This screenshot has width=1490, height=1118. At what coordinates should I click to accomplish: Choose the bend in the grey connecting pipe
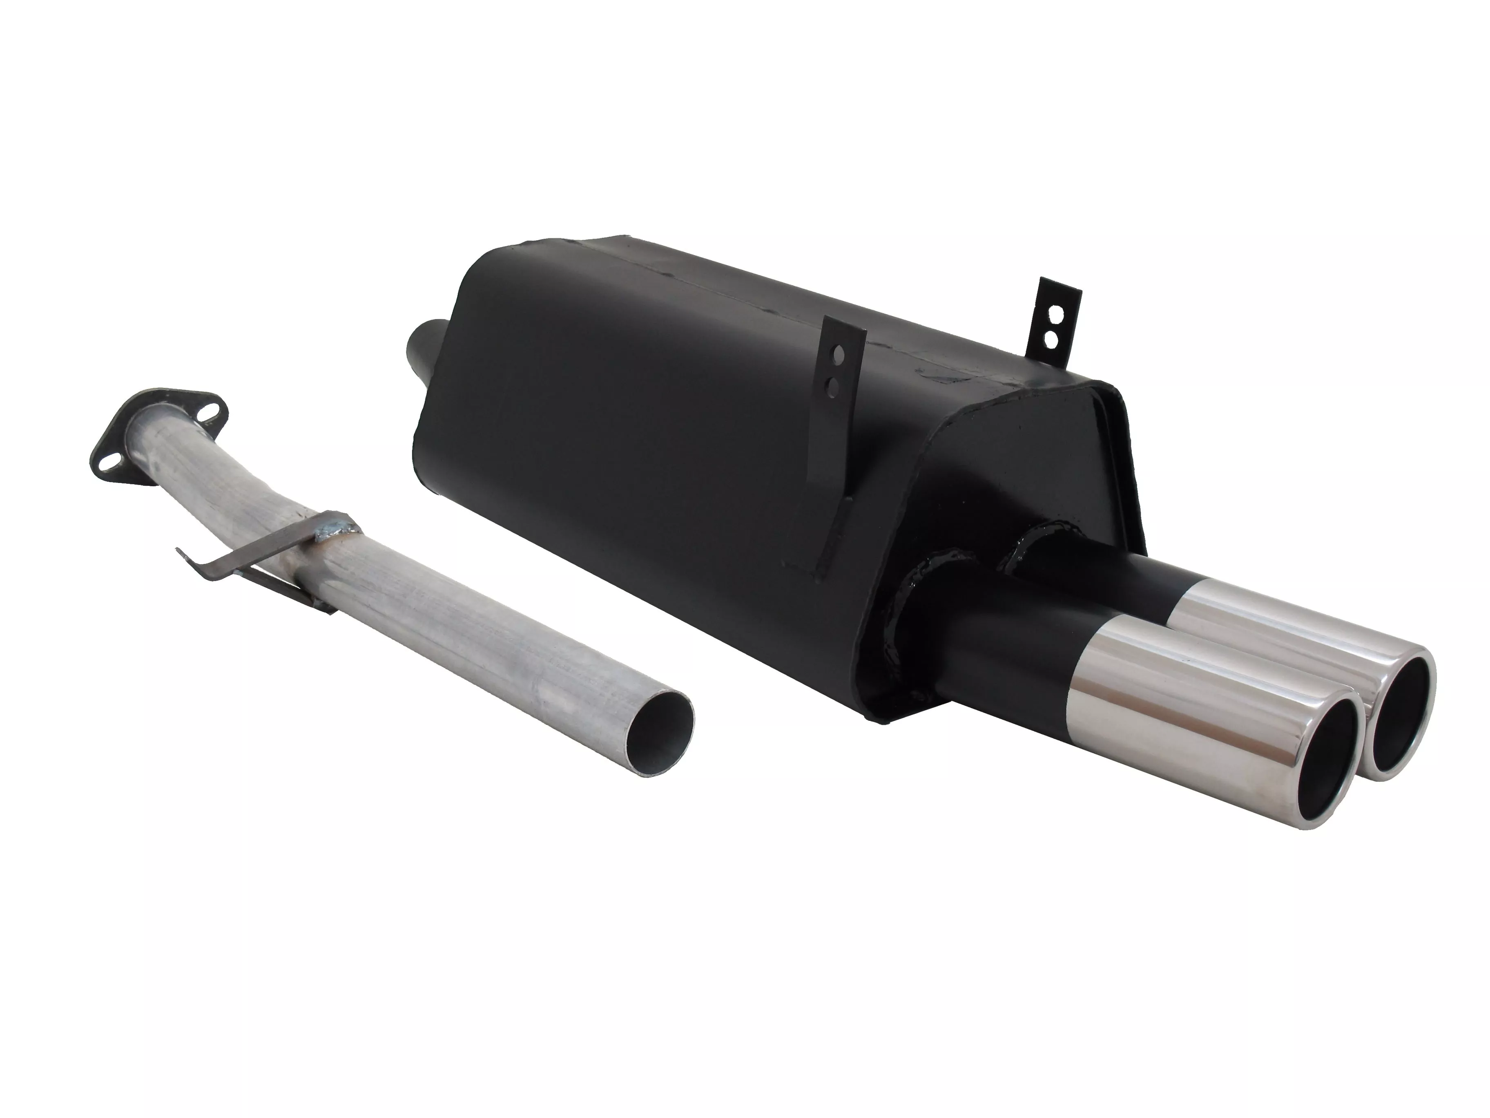tap(270, 499)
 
